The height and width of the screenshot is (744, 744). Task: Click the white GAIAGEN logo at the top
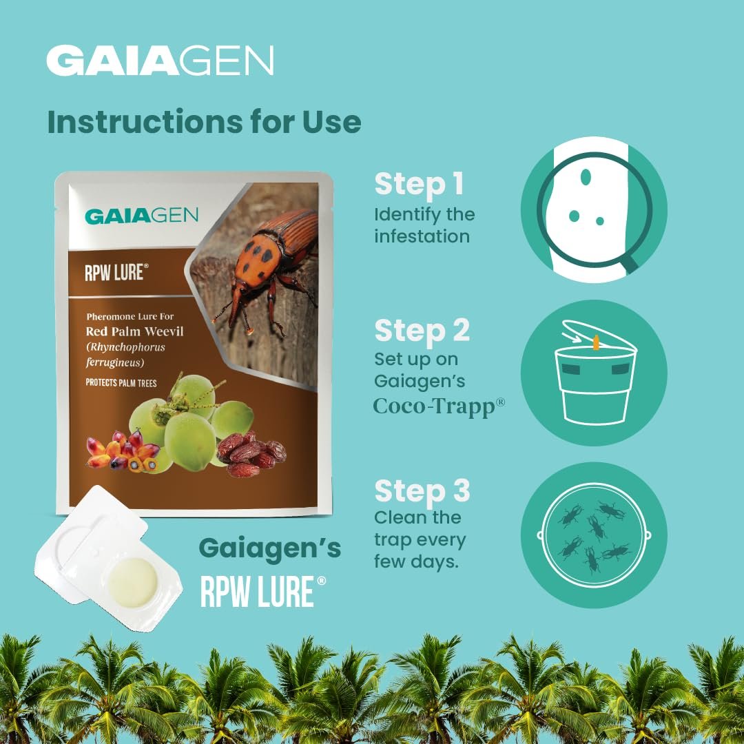[160, 60]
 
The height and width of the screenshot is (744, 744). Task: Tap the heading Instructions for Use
[204, 122]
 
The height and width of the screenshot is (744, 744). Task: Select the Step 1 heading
[419, 184]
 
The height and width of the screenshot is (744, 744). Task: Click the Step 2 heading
[422, 331]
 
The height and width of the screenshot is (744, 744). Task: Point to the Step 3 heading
[422, 490]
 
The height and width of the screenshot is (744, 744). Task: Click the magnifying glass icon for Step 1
[594, 209]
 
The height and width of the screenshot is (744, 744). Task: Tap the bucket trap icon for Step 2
[594, 373]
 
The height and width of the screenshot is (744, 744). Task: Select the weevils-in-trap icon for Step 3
[594, 535]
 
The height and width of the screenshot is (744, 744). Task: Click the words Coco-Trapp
[434, 406]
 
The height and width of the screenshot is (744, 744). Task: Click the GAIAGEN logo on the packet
[141, 216]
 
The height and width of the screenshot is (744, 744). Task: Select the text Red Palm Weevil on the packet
[134, 331]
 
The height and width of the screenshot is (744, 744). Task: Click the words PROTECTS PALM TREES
[121, 382]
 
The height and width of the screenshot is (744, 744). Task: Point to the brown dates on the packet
[251, 454]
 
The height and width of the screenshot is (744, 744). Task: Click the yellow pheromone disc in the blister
[132, 582]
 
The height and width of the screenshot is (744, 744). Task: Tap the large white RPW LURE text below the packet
[263, 591]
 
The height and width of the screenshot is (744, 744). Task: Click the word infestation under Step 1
[422, 236]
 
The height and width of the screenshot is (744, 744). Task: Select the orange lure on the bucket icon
[596, 342]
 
